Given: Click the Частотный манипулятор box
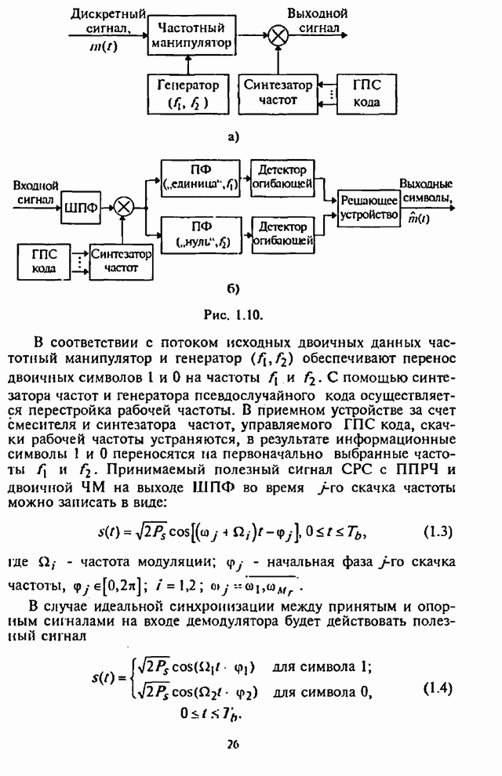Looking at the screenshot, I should [x=190, y=35].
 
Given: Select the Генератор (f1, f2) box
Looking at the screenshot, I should [x=187, y=92].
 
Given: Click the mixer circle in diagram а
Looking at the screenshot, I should [x=277, y=35].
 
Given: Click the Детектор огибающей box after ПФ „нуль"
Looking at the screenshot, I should [x=283, y=233].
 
